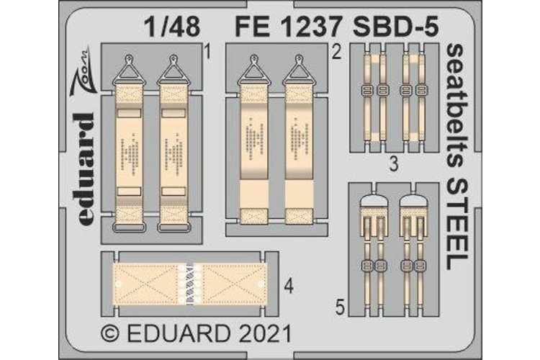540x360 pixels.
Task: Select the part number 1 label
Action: (x=206, y=52)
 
